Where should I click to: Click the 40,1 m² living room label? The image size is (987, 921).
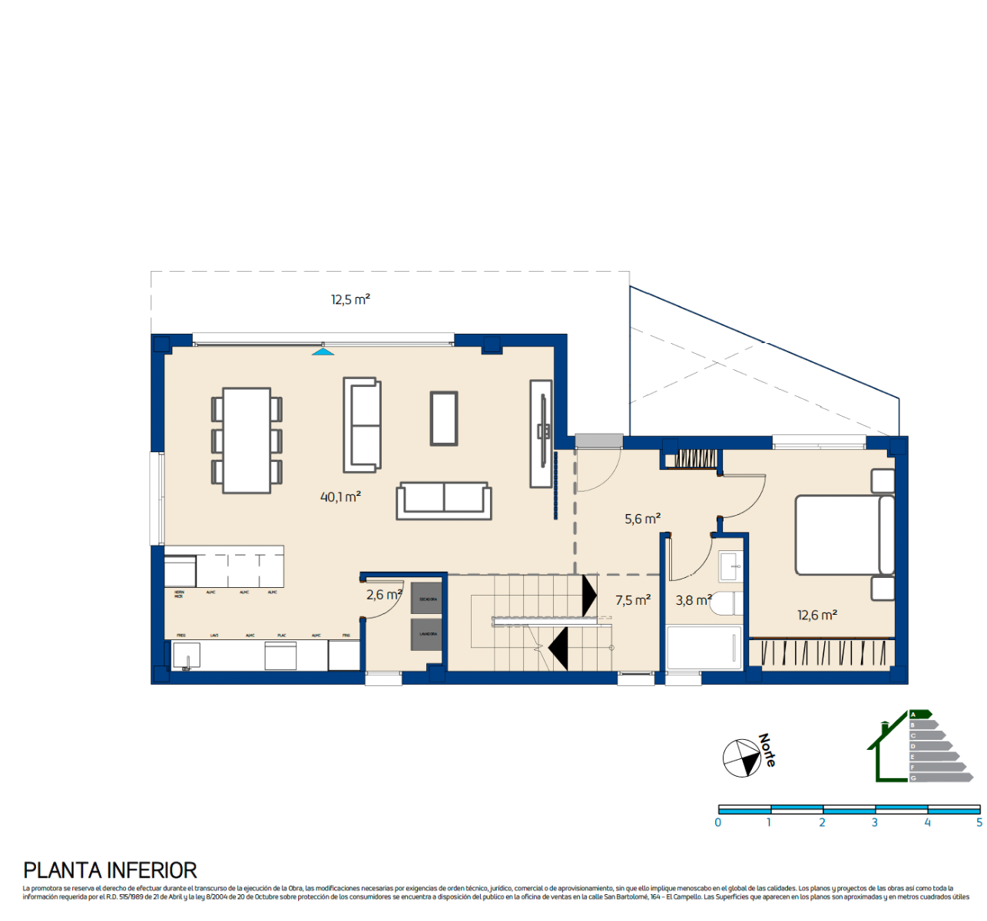coord(340,497)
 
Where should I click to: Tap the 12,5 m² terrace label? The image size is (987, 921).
coord(350,299)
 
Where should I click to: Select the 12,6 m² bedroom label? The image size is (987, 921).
coord(816,615)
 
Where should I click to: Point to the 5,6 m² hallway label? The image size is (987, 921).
coord(642,519)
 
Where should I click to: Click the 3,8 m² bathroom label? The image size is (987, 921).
coord(693,600)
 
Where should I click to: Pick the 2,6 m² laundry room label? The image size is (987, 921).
coord(383,595)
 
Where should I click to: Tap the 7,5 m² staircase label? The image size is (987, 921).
coord(632,600)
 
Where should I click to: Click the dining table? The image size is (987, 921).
coord(247,441)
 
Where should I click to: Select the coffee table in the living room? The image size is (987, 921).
coord(444,418)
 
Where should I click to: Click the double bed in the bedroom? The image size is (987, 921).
coord(843,535)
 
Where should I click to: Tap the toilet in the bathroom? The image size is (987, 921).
coord(726,604)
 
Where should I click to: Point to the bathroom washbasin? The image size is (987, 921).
coord(730,566)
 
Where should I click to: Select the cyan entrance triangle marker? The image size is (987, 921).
coord(323,352)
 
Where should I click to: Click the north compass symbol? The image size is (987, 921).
coord(742,758)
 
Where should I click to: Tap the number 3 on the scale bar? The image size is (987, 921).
coord(874,823)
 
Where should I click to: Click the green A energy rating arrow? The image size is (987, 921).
coord(920,714)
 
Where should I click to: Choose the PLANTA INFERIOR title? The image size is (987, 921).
coord(110,870)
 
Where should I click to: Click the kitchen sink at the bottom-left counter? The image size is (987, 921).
coord(186,656)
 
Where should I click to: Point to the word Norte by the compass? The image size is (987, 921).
coord(767,750)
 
